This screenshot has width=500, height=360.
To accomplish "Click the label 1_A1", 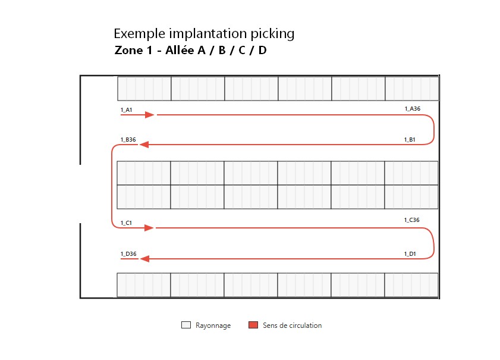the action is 126,110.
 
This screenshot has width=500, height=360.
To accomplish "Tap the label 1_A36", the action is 413,108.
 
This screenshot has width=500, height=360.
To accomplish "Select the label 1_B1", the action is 410,139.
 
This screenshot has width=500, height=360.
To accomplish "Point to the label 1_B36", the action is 128,139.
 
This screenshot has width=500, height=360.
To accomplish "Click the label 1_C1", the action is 126,223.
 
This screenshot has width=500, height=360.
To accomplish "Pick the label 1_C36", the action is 411,220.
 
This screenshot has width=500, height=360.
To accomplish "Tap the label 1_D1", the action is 410,253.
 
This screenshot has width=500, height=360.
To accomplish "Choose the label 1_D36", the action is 128,253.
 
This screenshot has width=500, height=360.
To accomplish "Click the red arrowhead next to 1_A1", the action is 150,115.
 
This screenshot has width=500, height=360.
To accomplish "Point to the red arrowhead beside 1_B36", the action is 144,145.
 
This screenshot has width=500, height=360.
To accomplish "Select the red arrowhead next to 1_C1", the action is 149,228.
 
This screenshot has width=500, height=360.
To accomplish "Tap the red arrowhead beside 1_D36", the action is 145,259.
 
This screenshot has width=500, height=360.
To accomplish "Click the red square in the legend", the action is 253,325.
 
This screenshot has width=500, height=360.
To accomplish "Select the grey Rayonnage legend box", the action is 186,325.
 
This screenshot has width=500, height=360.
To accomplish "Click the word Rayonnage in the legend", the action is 213,325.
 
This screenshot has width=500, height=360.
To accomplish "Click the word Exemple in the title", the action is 139,34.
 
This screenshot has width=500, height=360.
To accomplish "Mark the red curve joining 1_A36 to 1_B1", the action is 433,130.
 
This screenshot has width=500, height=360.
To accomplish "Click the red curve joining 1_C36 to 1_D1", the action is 433,243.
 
